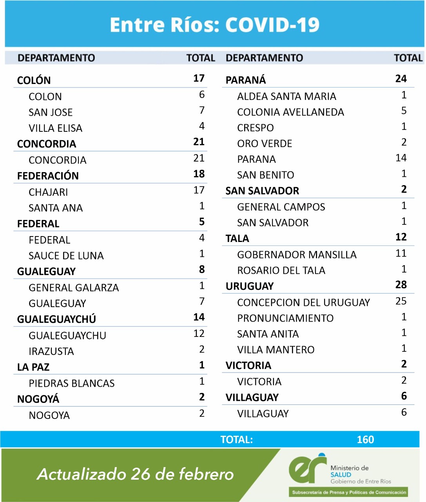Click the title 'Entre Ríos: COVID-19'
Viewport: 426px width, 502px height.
[214, 25]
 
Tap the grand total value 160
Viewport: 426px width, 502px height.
[365, 440]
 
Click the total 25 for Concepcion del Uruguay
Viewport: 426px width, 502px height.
[401, 301]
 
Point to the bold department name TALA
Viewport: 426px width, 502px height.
[237, 238]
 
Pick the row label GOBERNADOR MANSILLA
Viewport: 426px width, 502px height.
[297, 255]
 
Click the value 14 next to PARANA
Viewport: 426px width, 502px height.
[401, 158]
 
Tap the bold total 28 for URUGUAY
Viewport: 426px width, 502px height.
[401, 285]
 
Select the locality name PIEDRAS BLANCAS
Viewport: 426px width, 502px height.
[72, 383]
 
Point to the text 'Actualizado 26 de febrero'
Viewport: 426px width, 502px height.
[136, 474]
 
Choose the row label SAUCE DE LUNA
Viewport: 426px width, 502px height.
[66, 256]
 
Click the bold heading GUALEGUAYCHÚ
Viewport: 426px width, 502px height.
[56, 319]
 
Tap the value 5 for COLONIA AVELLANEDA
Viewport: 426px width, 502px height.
[404, 111]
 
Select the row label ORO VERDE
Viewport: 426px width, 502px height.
[265, 144]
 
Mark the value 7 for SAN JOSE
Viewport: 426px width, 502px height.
[202, 111]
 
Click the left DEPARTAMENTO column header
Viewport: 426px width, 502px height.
[56, 58]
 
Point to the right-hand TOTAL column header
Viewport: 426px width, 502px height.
[408, 58]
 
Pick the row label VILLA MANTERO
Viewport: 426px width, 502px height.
[276, 350]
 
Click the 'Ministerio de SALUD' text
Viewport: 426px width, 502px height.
[350, 471]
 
